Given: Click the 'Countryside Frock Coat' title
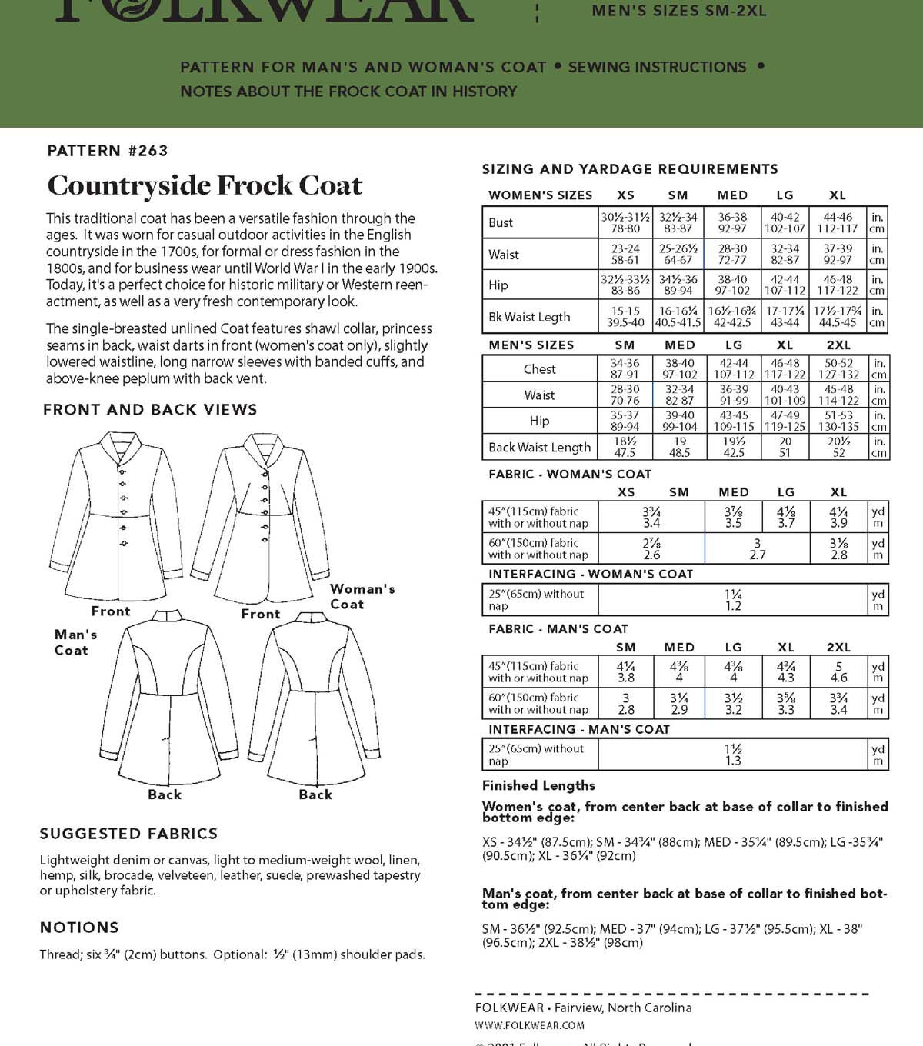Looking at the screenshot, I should coord(205,185).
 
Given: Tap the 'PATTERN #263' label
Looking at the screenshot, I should coord(108,151).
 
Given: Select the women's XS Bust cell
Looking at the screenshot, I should coord(625,222).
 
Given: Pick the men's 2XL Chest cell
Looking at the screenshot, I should coord(838,368).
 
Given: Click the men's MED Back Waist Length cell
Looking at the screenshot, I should coord(679,447).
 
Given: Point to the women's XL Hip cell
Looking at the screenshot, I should coord(838,285).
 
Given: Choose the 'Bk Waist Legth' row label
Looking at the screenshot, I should coord(529,317).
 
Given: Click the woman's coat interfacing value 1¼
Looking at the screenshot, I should coord(732,600).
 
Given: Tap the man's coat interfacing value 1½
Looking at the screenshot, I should coord(732,755).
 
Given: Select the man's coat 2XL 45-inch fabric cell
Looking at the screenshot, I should coord(838,671).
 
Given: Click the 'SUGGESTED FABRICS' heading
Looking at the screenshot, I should coord(128,834).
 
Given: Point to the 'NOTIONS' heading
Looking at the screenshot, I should coord(79,928).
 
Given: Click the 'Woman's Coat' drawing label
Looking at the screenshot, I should coord(362,596).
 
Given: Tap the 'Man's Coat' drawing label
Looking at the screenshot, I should coord(75,642).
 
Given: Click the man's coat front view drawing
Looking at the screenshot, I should coord(117,515).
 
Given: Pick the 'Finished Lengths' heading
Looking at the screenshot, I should coord(538,785).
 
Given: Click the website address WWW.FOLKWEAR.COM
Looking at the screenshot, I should coord(529,1025).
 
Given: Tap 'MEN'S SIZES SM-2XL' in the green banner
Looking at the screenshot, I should coord(679,11).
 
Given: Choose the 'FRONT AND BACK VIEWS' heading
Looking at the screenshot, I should coord(150,410).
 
